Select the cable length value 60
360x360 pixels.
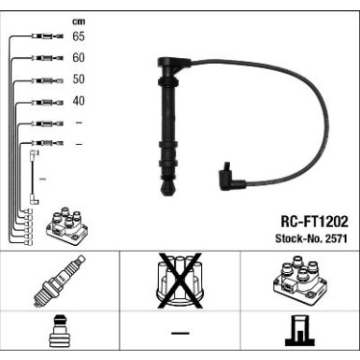tap(79, 58)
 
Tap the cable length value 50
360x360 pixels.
tap(79, 79)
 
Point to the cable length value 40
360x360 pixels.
tap(79, 101)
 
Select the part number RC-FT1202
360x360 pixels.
tap(313, 223)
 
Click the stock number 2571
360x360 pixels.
tap(336, 238)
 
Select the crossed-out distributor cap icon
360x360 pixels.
tap(179, 281)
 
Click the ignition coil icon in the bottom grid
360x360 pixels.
tap(298, 281)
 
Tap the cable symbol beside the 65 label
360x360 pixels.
tap(46, 36)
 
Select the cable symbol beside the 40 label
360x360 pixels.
tap(46, 102)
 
